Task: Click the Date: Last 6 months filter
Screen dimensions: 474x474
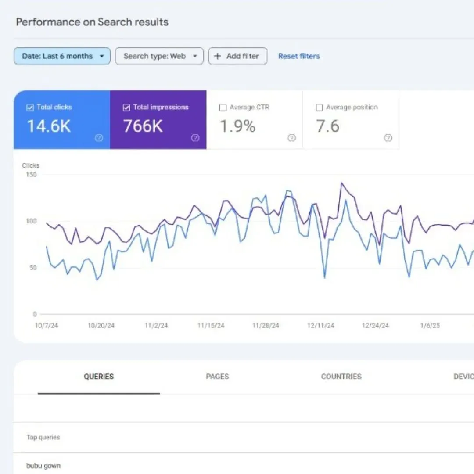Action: [62, 56]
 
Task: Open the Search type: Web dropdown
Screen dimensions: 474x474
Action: [159, 56]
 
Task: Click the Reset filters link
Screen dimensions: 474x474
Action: [299, 56]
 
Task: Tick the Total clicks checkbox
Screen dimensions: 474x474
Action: [30, 108]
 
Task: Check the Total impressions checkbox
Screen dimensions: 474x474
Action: [126, 108]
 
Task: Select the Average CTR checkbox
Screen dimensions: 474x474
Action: [223, 108]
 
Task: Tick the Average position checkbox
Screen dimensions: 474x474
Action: [320, 108]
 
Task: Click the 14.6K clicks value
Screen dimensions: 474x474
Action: [49, 126]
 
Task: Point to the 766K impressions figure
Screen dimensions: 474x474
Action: [143, 126]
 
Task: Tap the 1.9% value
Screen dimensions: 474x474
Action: [237, 126]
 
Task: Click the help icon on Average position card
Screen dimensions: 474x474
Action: [388, 138]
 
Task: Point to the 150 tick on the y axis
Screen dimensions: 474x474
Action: [32, 175]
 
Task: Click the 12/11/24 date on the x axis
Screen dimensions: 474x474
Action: [321, 326]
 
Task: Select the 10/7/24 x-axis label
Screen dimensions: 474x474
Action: [46, 326]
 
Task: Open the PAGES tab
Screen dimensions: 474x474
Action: [217, 377]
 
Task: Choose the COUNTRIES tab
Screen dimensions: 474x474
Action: [341, 377]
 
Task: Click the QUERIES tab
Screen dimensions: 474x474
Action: [99, 377]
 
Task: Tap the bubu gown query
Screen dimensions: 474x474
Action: [43, 466]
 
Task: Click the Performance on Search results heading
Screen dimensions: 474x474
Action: [92, 22]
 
